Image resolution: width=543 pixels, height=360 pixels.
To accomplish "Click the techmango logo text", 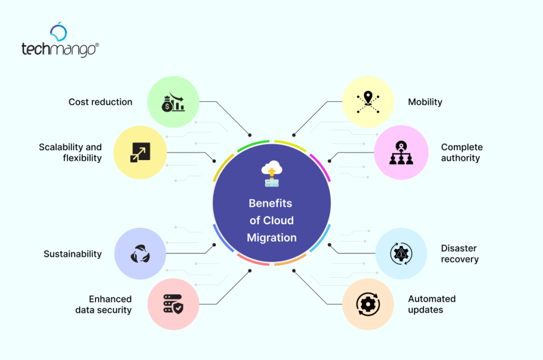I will (x=59, y=49).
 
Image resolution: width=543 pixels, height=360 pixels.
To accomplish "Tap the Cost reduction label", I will (x=100, y=102).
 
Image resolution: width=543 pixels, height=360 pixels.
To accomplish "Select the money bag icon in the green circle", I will (x=173, y=102).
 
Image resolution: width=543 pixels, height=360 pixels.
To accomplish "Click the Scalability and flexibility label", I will (x=70, y=152).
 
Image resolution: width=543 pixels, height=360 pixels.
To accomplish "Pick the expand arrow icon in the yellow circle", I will (x=141, y=152).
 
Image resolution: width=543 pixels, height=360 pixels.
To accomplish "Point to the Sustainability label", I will (x=73, y=254).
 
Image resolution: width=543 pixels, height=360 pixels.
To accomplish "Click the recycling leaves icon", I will (x=140, y=254).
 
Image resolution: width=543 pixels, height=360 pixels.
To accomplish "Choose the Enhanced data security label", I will (x=103, y=304).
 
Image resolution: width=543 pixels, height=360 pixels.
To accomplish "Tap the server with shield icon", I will (x=173, y=304).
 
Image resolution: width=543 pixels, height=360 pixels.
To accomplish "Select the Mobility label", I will (x=425, y=102).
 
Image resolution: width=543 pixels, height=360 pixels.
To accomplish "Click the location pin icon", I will (x=368, y=102).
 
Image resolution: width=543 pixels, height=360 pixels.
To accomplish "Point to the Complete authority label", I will (x=462, y=152).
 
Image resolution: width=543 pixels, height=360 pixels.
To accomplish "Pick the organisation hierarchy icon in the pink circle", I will (x=401, y=153).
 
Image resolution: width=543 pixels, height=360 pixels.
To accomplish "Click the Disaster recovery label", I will (x=460, y=253).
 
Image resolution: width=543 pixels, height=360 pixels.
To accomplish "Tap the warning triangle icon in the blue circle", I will (x=401, y=253).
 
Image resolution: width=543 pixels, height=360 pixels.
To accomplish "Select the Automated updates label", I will (x=432, y=304).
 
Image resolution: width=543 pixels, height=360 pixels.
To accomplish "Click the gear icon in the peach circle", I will (x=367, y=304).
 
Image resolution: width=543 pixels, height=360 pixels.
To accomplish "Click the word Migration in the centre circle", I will (x=271, y=238).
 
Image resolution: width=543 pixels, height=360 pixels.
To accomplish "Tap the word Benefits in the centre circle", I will (x=270, y=203).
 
